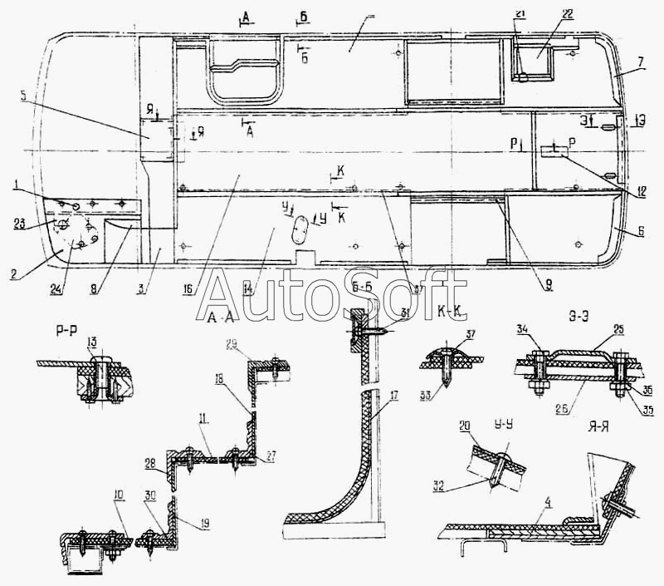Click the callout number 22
544,15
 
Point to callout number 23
19,223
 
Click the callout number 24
56,289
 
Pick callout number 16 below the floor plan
188,289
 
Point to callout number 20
465,426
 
